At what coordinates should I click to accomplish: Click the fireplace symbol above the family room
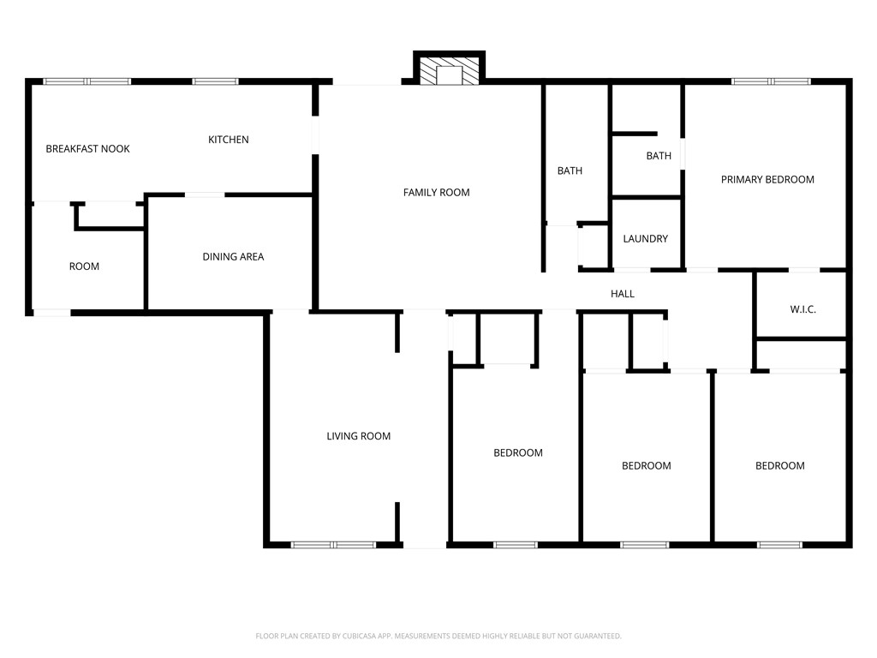(449, 72)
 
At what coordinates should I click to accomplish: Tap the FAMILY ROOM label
(437, 193)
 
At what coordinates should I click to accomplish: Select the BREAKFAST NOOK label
(87, 149)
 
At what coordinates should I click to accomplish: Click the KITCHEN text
(229, 140)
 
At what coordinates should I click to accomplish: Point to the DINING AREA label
(233, 257)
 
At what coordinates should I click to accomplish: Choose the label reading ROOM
(84, 266)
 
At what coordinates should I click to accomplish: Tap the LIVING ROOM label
(358, 436)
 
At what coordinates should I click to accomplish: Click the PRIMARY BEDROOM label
(767, 180)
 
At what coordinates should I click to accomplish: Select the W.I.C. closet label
(802, 309)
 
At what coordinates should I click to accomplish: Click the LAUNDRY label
(645, 239)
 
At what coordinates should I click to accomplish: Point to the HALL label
(623, 294)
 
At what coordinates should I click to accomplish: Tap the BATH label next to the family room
(570, 171)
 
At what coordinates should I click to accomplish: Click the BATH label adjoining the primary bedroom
(659, 156)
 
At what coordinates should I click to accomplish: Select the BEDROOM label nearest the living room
(517, 453)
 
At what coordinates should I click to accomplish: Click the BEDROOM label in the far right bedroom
(779, 466)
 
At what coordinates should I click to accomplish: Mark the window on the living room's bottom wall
(334, 544)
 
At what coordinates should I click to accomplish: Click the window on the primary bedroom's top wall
(771, 81)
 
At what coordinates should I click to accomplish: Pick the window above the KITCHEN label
(215, 81)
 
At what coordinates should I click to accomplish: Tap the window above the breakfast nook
(87, 81)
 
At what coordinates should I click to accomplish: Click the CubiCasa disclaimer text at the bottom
(438, 636)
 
